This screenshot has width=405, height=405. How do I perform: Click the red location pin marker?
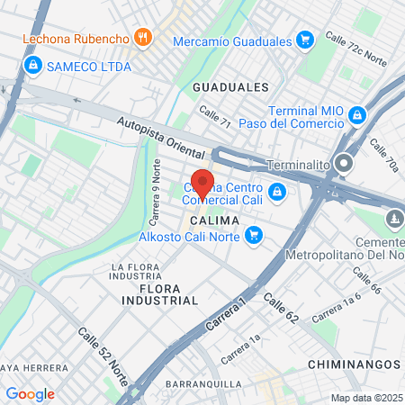tap(202, 184)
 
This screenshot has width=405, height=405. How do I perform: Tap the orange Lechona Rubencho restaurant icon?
tap(142, 37)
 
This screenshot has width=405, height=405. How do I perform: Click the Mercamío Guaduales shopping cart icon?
tap(305, 40)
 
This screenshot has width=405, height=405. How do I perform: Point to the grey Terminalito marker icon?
tap(343, 165)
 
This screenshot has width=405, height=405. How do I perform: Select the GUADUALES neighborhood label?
tap(230, 87)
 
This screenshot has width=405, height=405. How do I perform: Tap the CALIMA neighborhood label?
tap(214, 220)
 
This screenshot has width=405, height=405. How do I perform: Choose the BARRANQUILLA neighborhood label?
tap(203, 384)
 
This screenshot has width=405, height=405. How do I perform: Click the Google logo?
tap(30, 393)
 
